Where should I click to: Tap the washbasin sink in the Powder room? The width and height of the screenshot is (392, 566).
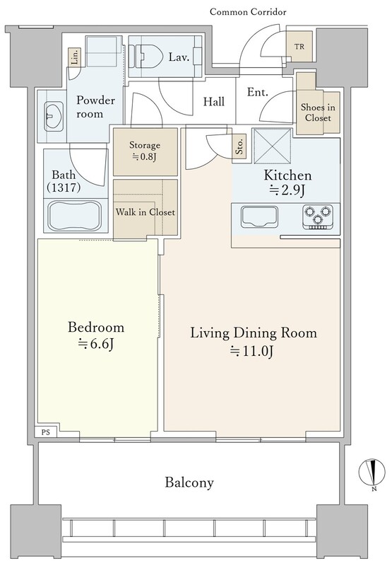tap(53, 116)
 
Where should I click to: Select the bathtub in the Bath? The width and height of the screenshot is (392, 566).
tap(76, 215)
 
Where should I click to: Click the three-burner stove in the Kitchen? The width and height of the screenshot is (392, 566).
tap(317, 217)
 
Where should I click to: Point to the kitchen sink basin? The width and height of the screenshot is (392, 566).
tap(259, 216)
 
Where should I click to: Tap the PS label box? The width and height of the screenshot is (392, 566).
tap(46, 432)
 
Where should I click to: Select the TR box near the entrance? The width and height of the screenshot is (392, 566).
tap(299, 47)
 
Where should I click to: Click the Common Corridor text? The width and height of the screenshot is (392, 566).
tap(248, 12)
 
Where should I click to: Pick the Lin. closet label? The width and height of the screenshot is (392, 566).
tap(74, 57)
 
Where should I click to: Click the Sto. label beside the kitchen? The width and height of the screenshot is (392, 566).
tap(239, 146)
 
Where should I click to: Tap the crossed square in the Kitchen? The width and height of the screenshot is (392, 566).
tap(273, 146)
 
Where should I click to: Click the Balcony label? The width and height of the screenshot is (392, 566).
tap(189, 483)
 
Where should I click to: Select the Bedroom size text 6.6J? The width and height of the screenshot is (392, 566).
tap(96, 345)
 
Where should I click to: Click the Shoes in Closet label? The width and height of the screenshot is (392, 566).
tap(318, 112)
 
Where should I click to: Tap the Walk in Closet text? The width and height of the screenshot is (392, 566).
tap(145, 212)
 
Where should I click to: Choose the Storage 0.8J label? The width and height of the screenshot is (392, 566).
tap(145, 151)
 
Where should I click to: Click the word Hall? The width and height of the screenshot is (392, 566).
tap(214, 101)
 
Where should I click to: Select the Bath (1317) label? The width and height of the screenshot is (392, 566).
tap(64, 181)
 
